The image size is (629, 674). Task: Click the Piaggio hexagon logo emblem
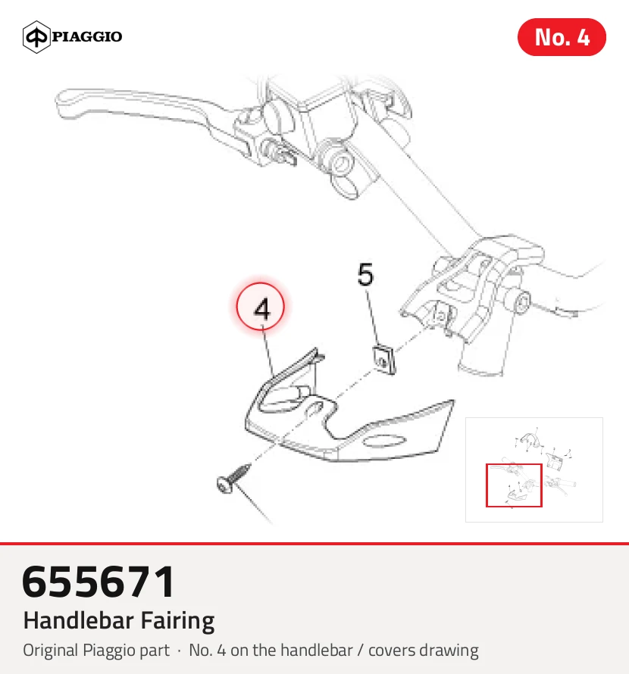[36, 37]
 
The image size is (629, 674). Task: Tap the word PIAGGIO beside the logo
[87, 36]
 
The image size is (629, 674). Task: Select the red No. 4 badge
[562, 37]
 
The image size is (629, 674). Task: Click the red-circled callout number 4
[261, 307]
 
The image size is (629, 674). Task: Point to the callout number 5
[365, 275]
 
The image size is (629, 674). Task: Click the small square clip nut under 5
[383, 360]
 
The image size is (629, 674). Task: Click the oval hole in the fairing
[384, 442]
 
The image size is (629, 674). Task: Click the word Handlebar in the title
[79, 621]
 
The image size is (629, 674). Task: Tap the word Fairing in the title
[177, 622]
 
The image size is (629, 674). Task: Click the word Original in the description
[52, 651]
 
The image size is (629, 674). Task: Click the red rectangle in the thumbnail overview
[514, 465]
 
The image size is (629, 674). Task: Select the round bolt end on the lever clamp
[343, 163]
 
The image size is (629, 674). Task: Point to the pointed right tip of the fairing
[453, 401]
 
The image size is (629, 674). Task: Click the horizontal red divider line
[314, 544]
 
